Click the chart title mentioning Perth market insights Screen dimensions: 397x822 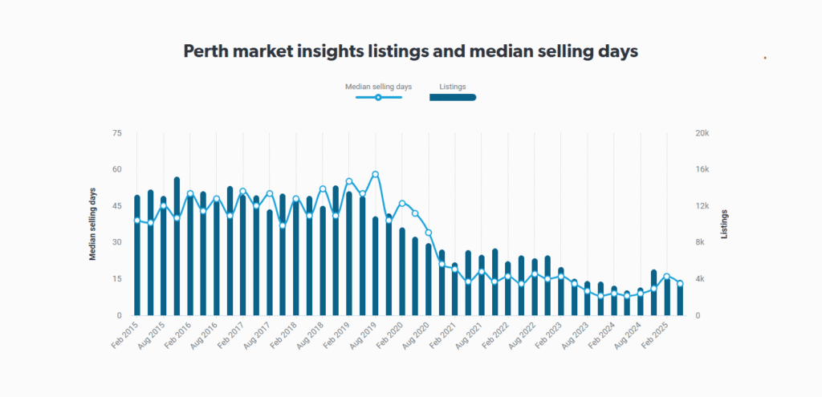pyautogui.click(x=410, y=51)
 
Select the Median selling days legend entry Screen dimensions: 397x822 pyautogui.click(x=378, y=86)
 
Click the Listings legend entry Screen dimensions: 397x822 pyautogui.click(x=453, y=86)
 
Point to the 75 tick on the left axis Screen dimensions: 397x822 pyautogui.click(x=116, y=133)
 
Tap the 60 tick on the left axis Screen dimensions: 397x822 pyautogui.click(x=116, y=169)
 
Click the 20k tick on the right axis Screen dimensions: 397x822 pyautogui.click(x=702, y=133)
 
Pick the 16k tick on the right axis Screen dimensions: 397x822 pyautogui.click(x=702, y=169)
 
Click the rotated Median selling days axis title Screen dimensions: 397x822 pyautogui.click(x=92, y=225)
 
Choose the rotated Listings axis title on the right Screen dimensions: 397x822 pyautogui.click(x=725, y=225)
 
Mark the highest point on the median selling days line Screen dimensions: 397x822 pyautogui.click(x=375, y=174)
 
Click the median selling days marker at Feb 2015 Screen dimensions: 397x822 pyautogui.click(x=137, y=220)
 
